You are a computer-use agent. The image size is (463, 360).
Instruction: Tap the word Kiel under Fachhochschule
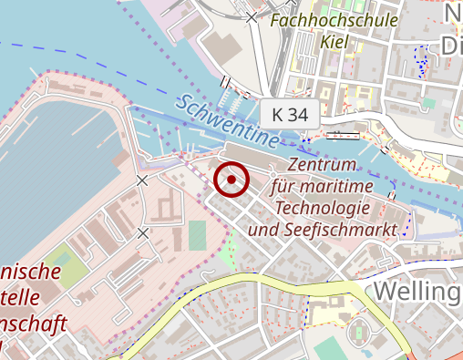click(335, 41)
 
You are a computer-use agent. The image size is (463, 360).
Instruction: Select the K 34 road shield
click(290, 114)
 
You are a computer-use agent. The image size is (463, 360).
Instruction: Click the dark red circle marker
click(232, 180)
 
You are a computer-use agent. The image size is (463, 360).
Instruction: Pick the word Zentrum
click(320, 166)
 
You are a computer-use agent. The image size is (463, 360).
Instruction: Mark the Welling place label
click(417, 292)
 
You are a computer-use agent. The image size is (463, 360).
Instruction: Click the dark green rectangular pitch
click(198, 235)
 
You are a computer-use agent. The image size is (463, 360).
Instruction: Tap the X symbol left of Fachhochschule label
click(252, 17)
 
